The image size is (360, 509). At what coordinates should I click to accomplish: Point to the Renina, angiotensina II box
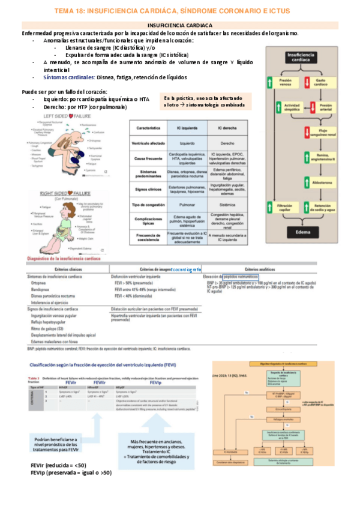[x=316, y=158]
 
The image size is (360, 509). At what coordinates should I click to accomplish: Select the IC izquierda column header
[x=187, y=128]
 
